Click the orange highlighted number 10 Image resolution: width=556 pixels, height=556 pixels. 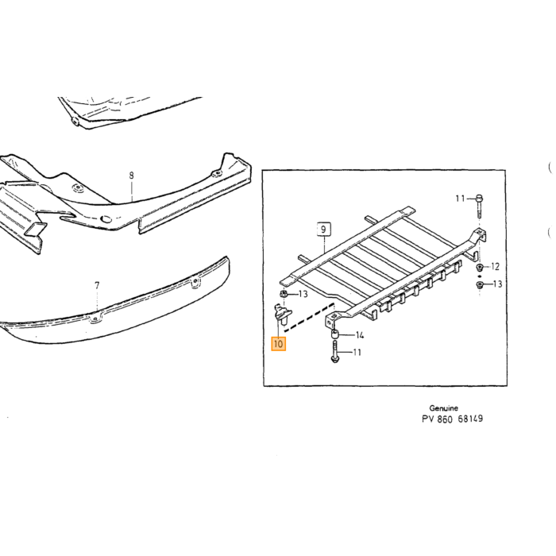[278, 344]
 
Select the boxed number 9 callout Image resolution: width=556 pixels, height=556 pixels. [323, 230]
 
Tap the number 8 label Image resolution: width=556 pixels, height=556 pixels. [132, 176]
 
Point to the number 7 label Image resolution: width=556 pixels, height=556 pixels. [97, 285]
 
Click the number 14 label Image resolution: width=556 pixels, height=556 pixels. [360, 335]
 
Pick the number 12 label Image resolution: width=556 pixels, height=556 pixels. [495, 266]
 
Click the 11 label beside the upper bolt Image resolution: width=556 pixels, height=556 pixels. [460, 199]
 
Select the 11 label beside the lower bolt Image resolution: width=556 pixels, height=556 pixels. [357, 352]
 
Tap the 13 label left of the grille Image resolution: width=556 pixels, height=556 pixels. [303, 294]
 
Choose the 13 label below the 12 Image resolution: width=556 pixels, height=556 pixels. [497, 284]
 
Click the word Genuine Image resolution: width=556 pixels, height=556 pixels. [443, 408]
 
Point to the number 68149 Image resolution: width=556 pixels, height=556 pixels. [470, 419]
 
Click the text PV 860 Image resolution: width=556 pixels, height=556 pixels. [437, 419]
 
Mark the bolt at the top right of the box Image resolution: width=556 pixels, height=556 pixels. [479, 207]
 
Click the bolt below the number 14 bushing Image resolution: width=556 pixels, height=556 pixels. [334, 352]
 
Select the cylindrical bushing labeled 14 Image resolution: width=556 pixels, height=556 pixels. [334, 334]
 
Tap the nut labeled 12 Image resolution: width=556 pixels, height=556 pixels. [480, 267]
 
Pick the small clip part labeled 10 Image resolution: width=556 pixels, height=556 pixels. [283, 312]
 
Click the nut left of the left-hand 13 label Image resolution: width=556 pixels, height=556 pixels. [284, 294]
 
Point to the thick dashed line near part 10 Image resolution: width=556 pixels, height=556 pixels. [309, 318]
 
